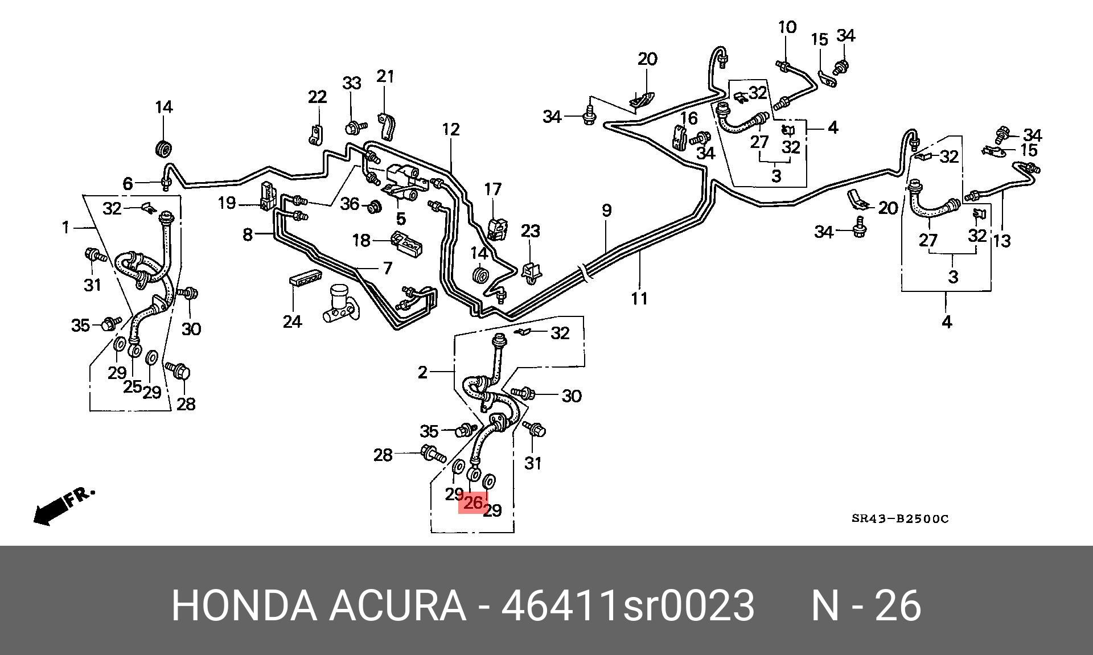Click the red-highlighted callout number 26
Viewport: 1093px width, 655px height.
(473, 503)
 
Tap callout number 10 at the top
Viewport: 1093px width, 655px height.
(787, 27)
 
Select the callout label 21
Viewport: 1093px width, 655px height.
(385, 76)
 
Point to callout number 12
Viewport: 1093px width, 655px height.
(450, 130)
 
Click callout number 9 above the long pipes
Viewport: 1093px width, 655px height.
(607, 211)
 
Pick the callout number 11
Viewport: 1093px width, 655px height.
(639, 298)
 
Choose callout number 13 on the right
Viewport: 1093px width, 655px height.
(1001, 241)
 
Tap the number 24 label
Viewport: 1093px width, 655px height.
(292, 322)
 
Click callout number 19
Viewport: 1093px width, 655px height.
(227, 203)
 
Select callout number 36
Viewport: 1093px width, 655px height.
(350, 204)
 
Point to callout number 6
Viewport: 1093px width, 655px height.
(128, 183)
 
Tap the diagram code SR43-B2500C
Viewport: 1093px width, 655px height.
(900, 518)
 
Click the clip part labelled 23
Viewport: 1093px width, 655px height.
(531, 271)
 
